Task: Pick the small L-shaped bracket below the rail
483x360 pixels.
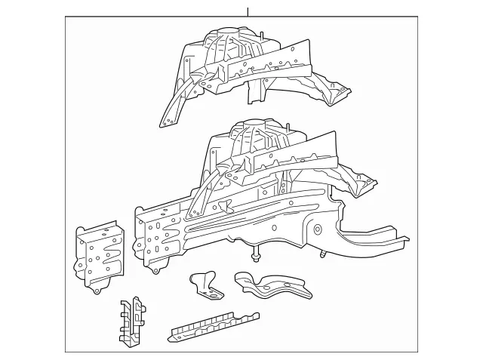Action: point(205,282)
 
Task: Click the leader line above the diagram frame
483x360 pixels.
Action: point(247,11)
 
